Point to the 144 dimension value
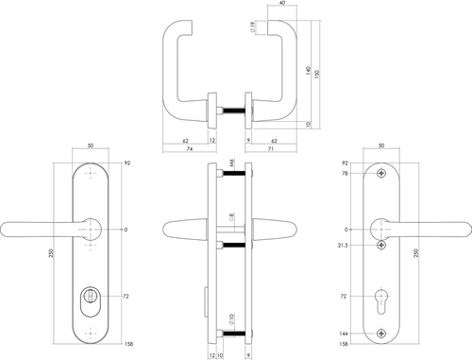pyautogui.click(x=344, y=332)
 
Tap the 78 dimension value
pyautogui.click(x=346, y=174)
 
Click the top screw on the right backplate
pyautogui.click(x=380, y=174)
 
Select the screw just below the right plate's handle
pyautogui.click(x=380, y=246)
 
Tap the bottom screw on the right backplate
pyautogui.click(x=380, y=332)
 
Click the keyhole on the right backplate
pyautogui.click(x=380, y=300)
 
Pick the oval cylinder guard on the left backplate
pyautogui.click(x=91, y=300)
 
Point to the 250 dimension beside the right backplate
pyautogui.click(x=417, y=256)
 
